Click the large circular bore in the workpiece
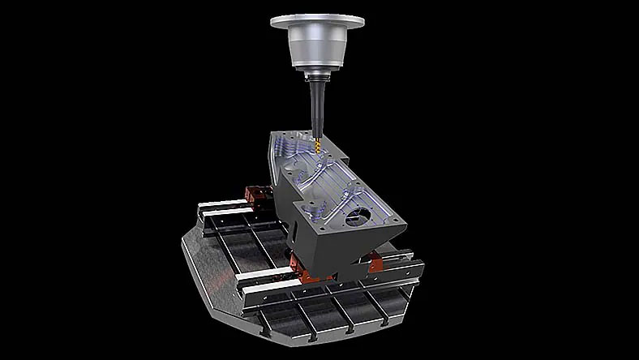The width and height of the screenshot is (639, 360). pyautogui.click(x=358, y=218)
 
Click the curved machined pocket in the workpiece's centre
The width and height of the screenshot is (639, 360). pyautogui.click(x=324, y=186)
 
